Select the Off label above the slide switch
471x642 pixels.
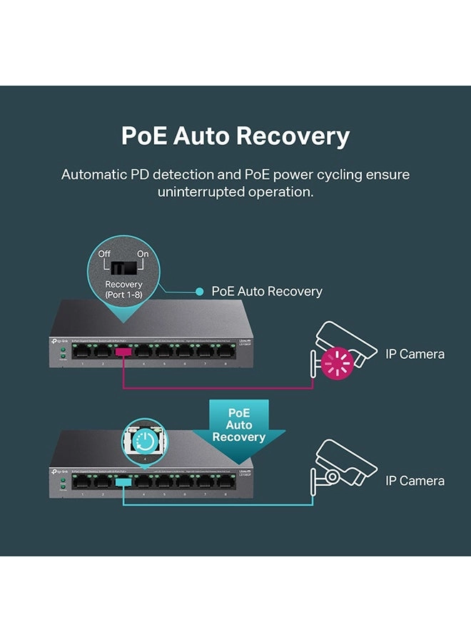[x=104, y=254]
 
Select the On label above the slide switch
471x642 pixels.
[x=143, y=254]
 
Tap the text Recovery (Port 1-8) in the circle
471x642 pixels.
[x=123, y=290]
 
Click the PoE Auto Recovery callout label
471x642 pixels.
[x=267, y=291]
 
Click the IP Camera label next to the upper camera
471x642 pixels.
[x=415, y=354]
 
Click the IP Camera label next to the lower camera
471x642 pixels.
[x=415, y=481]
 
